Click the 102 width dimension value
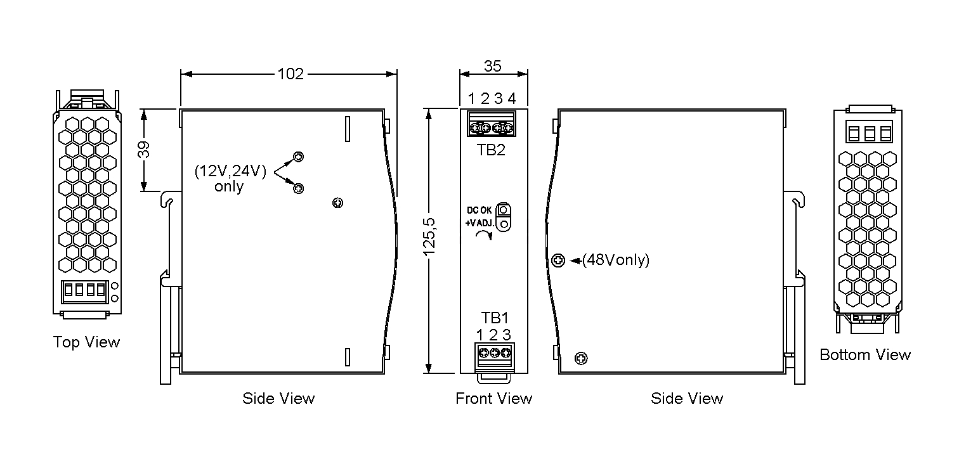290,74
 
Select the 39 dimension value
144,150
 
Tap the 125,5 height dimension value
430,241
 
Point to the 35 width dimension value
493,66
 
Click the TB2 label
492,150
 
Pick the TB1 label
495,318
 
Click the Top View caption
86,342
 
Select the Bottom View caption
865,355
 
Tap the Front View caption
493,399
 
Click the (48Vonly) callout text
616,261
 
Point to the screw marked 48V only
558,260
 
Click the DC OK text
479,210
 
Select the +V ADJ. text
479,223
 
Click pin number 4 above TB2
512,99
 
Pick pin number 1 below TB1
480,335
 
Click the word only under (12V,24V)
228,187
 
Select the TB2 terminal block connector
492,124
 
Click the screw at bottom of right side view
580,359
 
